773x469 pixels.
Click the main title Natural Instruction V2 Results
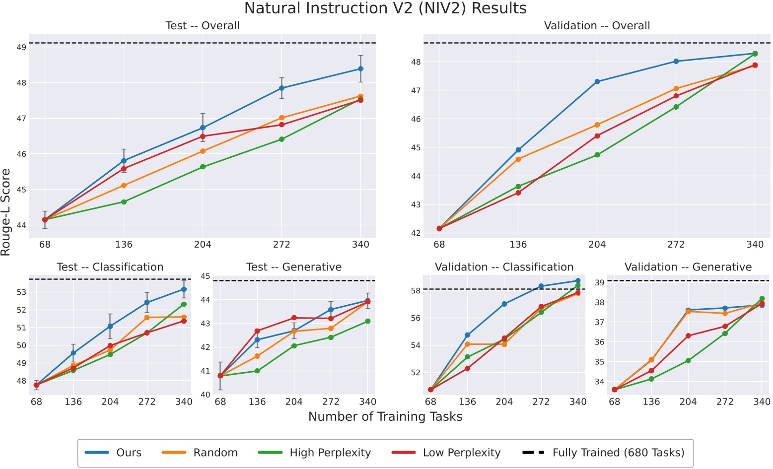[385, 8]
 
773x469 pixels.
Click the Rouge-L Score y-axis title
[6, 212]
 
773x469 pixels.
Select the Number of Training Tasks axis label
[385, 416]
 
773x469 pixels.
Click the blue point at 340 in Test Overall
[360, 69]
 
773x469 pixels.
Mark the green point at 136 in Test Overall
[124, 202]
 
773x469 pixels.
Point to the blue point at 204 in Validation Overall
[597, 81]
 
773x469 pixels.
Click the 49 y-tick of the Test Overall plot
[21, 48]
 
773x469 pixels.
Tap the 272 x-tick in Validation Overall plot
[676, 244]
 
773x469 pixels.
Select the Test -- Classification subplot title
[110, 267]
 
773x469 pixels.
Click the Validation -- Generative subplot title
[688, 267]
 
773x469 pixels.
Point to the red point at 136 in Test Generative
[257, 331]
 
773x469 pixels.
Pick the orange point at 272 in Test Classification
[147, 318]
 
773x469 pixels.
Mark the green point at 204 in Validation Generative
[688, 361]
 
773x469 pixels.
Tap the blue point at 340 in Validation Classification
[578, 281]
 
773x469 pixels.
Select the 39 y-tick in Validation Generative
[599, 282]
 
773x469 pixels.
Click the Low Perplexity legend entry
[461, 453]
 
